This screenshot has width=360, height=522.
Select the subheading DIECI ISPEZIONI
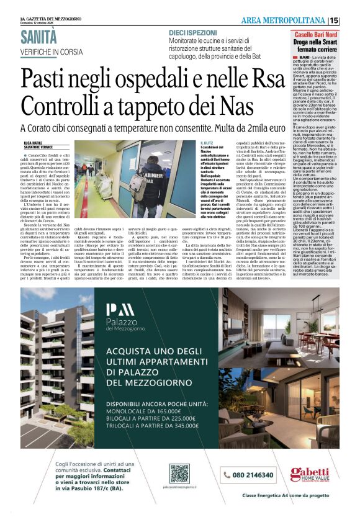(x=192, y=31)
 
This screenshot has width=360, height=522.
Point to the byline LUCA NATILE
(x=34, y=142)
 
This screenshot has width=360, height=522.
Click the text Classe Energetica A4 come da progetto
(x=285, y=495)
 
